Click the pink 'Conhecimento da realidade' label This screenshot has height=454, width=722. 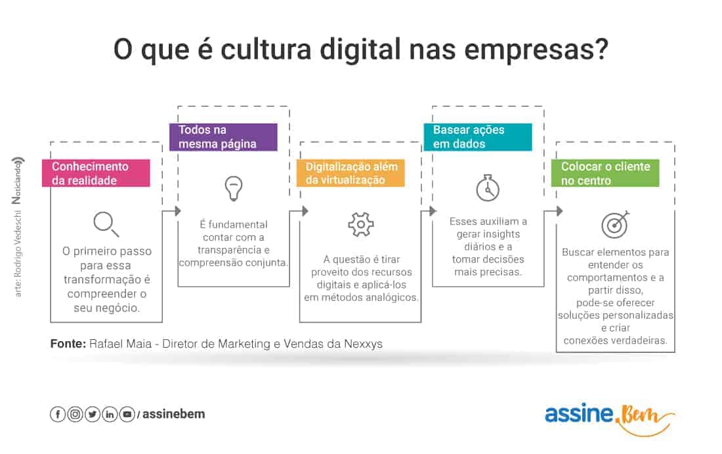point(96,173)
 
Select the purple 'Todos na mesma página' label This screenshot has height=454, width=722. point(223,136)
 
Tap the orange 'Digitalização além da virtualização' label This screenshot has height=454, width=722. point(350,173)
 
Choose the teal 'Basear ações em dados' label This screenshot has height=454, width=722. point(478,136)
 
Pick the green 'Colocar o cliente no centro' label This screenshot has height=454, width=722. point(605,173)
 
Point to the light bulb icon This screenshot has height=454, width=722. point(234,188)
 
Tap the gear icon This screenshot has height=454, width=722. point(361,224)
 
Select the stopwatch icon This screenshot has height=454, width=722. point(488,188)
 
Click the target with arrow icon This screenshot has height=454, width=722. point(615,224)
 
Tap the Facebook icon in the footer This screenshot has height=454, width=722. point(58,415)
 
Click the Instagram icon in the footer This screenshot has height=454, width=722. point(75,415)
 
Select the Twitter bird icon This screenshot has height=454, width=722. point(93,415)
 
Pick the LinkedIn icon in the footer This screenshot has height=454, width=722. point(110,415)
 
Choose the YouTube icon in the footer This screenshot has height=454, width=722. point(127,415)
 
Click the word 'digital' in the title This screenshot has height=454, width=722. point(360,50)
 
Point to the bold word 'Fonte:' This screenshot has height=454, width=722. point(68,344)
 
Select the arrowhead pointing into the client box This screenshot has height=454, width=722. point(559,211)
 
